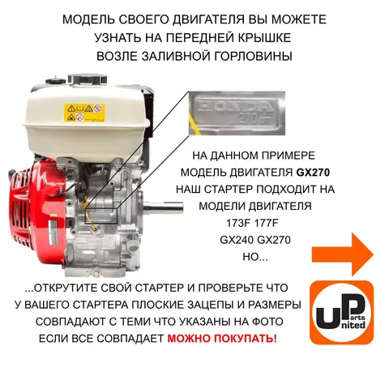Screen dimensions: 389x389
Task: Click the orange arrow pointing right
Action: coord(343,254)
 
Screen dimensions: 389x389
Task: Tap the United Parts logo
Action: coord(341,313)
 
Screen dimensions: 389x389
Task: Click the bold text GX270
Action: coord(313,173)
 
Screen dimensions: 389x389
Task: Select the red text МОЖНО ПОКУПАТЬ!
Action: coord(222,338)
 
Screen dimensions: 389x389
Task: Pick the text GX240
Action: coord(236,240)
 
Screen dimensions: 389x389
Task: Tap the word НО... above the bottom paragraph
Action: coord(255,257)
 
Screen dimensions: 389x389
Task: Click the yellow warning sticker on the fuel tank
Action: coord(84,113)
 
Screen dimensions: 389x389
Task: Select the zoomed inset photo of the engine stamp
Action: coord(237,113)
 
